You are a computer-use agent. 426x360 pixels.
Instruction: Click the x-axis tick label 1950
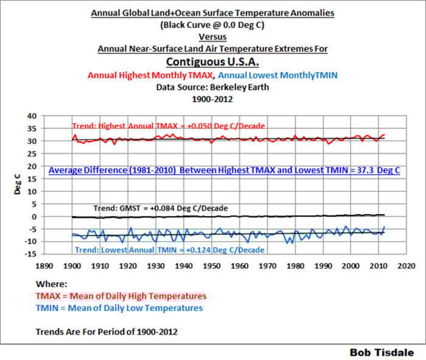click(x=211, y=266)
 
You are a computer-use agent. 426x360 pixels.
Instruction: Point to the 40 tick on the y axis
click(x=32, y=116)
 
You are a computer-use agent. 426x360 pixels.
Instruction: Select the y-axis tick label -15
click(x=30, y=254)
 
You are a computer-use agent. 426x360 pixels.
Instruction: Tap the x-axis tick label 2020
click(x=407, y=266)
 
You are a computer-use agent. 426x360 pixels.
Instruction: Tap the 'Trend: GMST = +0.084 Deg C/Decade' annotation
click(x=161, y=209)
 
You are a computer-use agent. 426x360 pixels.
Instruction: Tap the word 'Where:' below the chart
click(x=52, y=284)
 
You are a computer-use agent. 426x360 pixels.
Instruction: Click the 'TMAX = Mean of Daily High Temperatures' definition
click(x=120, y=296)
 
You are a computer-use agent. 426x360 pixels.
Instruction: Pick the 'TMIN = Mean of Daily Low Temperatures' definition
click(x=119, y=308)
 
